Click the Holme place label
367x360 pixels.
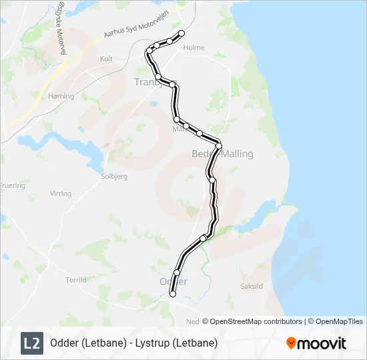click(x=194, y=48)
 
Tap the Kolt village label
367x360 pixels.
click(x=106, y=59)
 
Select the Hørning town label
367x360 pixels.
click(x=61, y=96)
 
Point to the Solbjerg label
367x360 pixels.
click(x=113, y=177)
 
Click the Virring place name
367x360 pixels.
click(x=60, y=194)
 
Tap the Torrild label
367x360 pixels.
click(x=76, y=280)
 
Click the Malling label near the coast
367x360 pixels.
click(x=238, y=154)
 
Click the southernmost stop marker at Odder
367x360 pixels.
click(x=173, y=293)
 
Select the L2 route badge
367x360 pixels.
click(x=31, y=343)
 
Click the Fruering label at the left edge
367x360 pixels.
click(x=11, y=185)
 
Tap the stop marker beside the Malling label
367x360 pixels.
click(x=218, y=146)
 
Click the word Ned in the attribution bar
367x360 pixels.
click(x=192, y=321)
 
